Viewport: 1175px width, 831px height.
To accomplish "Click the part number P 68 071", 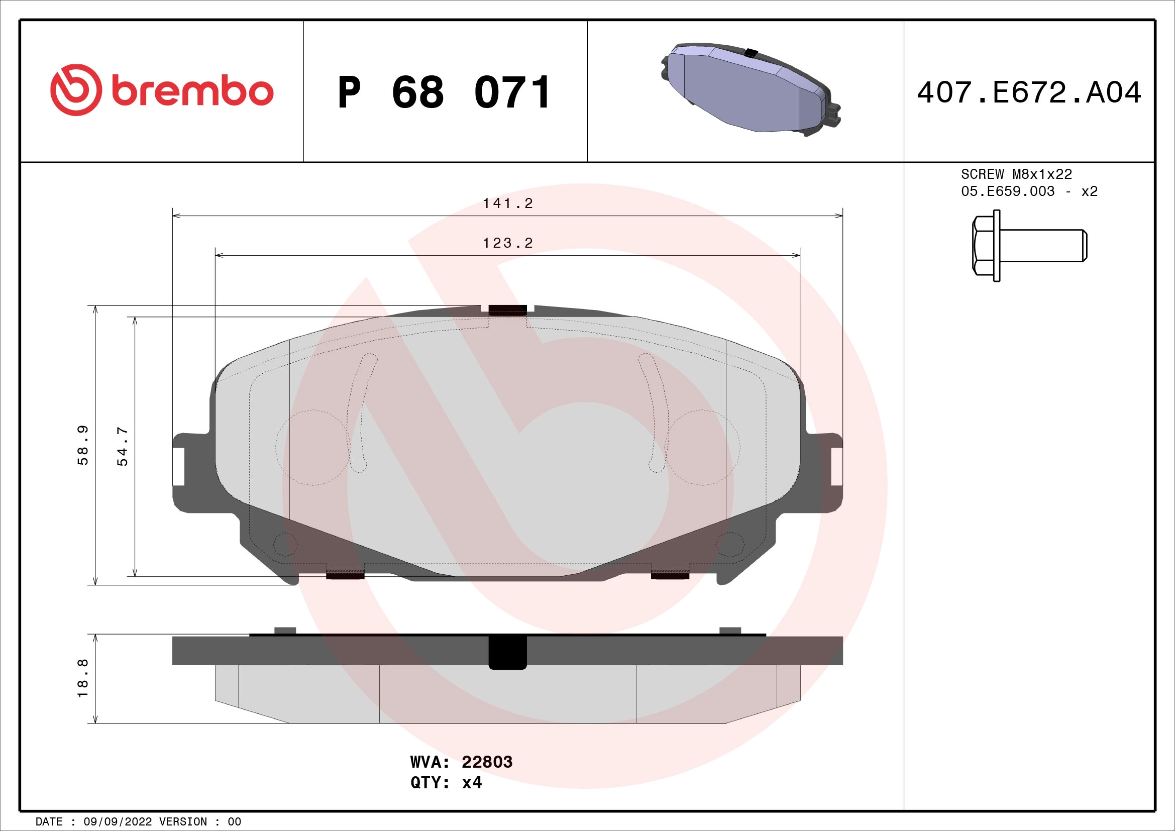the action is pos(444,92).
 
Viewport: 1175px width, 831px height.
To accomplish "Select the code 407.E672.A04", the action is pos(1029,92).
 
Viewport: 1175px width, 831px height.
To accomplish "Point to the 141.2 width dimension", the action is pos(508,203).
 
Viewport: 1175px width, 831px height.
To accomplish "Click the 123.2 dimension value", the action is pos(508,243).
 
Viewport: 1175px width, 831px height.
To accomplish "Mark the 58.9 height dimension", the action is pos(83,445).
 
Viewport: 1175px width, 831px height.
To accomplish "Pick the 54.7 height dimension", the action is pos(123,446).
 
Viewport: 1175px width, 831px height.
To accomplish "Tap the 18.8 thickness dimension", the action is pos(83,678).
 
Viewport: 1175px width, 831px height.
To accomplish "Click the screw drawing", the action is pos(1029,246).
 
